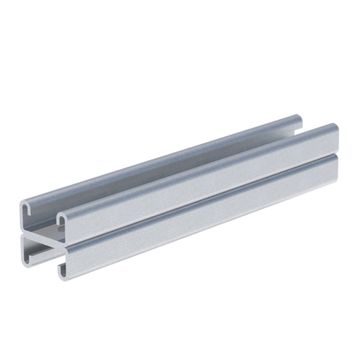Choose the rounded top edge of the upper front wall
(202, 167)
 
